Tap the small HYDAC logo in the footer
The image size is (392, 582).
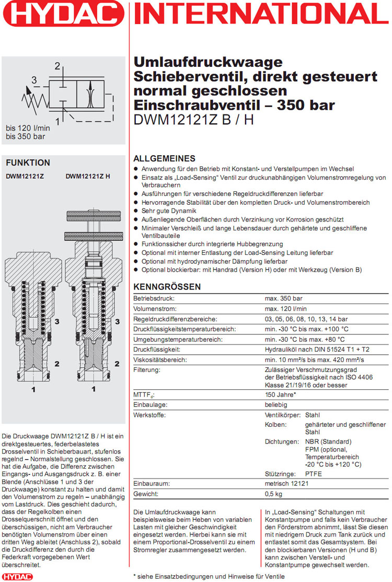point(17,576)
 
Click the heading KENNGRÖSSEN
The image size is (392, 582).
point(167,287)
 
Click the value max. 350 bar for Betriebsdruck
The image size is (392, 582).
point(284,299)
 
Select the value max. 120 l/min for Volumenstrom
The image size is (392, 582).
point(285,309)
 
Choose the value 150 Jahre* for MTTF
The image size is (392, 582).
point(281,394)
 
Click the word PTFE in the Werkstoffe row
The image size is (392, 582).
point(314,474)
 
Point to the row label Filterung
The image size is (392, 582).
point(147,369)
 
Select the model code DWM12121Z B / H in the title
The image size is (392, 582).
point(193,120)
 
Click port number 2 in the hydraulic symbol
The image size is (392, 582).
point(57,66)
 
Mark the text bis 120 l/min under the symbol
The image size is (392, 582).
point(28,127)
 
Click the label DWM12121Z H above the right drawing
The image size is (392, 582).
point(88,177)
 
